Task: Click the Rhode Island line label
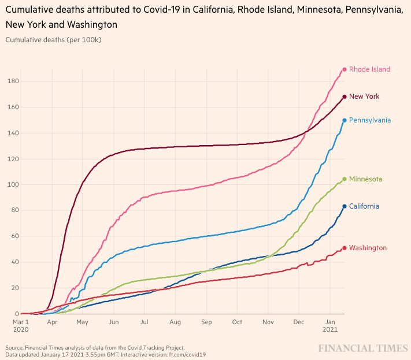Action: coord(369,69)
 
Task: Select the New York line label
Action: coord(364,97)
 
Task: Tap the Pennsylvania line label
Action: coord(370,120)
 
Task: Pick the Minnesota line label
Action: coord(365,179)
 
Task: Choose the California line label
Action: coord(364,206)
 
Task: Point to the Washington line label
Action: coord(368,248)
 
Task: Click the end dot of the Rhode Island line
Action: coord(345,69)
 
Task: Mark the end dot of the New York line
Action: coord(345,97)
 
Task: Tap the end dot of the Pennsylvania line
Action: coord(345,120)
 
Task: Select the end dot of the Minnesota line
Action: coord(345,179)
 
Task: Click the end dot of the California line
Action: coord(345,206)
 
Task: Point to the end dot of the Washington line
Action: coord(345,248)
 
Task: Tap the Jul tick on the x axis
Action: coord(144,322)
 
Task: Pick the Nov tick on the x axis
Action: coord(268,322)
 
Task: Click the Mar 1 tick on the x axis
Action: coord(21,322)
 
